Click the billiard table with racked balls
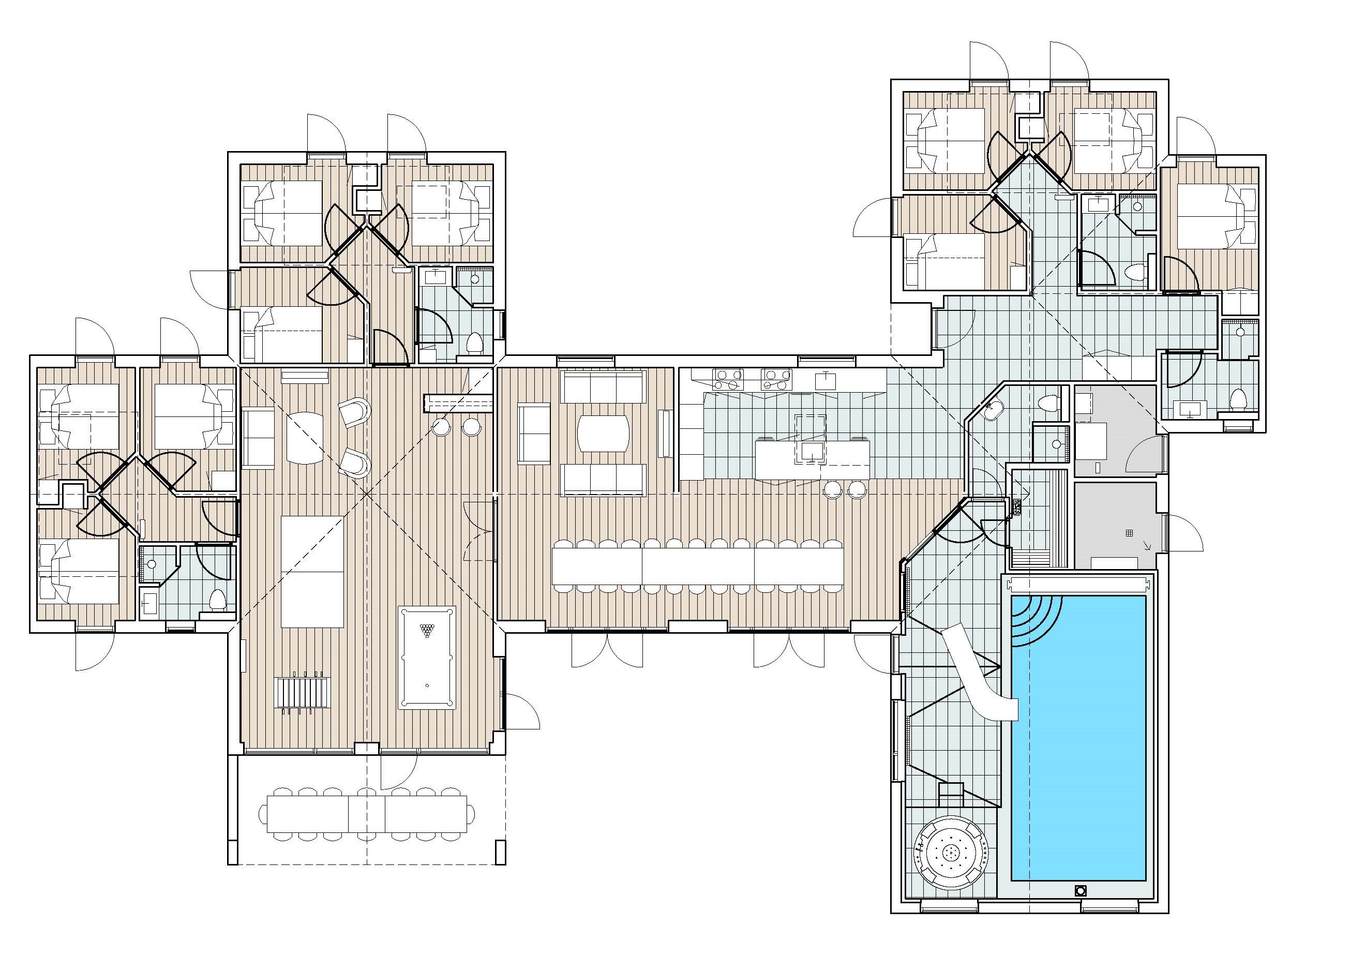pyautogui.click(x=426, y=658)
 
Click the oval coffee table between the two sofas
pyautogui.click(x=603, y=434)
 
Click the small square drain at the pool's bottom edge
pyautogui.click(x=1079, y=907)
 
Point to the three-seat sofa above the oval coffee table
pyautogui.click(x=603, y=386)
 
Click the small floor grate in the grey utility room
pyautogui.click(x=1128, y=533)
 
